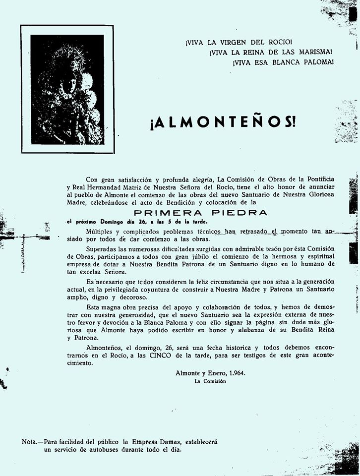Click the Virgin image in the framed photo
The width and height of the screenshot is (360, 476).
(67, 89)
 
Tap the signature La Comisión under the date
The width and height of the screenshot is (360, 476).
(210, 381)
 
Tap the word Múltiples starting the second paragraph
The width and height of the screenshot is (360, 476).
(102, 232)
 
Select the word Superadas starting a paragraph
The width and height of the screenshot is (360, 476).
(103, 248)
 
